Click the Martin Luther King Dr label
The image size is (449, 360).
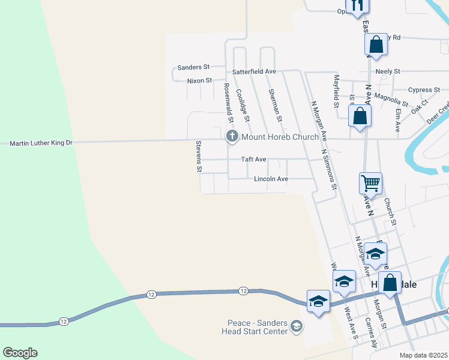41,143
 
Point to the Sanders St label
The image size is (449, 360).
193,68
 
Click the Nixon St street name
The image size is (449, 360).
199,80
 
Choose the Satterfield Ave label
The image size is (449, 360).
254,71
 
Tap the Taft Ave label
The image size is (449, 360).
253,160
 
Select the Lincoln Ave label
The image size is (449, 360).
271,179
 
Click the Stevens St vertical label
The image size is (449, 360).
199,156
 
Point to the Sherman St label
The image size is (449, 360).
276,102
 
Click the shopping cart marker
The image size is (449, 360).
370,182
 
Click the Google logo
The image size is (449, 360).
20,353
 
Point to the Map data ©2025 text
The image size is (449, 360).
423,355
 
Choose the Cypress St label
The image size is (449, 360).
424,90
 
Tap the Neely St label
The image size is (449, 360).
388,71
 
